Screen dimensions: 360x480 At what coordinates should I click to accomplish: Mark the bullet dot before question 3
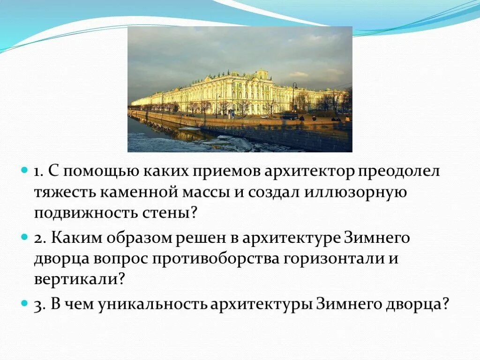tap(25, 304)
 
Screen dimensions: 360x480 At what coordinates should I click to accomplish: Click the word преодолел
tap(399, 172)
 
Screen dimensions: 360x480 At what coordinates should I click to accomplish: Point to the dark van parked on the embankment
tap(289, 116)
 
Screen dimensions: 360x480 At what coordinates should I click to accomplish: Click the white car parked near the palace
tap(266, 116)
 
